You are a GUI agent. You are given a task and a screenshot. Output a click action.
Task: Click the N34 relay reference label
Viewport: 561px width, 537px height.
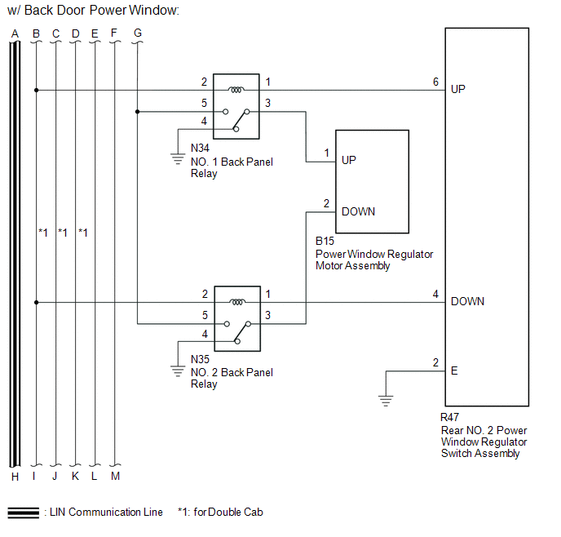200,148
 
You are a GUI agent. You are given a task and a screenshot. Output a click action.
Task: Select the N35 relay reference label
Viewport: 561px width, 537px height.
200,359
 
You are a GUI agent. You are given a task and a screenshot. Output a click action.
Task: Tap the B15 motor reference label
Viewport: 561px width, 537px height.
325,241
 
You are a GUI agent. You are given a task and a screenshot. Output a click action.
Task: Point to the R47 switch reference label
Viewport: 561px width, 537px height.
450,417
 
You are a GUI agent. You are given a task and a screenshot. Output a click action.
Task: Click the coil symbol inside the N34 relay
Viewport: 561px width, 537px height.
236,90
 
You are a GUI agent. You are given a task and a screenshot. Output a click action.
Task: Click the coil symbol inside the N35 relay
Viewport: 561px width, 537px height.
237,302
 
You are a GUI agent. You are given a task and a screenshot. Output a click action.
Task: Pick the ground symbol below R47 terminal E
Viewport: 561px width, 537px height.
386,401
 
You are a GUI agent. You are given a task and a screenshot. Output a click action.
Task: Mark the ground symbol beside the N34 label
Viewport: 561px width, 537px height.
178,158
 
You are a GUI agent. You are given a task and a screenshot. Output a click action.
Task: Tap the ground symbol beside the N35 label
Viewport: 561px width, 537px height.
178,371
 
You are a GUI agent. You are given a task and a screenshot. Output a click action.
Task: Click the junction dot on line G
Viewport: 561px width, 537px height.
137,112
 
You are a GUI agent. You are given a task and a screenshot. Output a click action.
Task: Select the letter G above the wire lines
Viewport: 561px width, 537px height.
138,33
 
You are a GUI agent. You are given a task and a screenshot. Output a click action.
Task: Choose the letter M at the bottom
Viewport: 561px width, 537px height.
115,476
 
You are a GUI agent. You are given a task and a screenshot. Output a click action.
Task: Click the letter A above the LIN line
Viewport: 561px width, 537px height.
15,33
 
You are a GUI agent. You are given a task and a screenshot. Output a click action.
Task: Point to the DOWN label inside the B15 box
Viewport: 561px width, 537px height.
358,211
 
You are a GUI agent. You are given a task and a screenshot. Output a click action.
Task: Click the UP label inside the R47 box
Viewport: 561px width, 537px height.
458,89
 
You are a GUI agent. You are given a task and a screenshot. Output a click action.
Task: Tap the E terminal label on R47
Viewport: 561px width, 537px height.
454,371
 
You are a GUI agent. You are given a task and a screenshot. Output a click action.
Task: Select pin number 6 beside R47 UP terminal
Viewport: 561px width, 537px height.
435,82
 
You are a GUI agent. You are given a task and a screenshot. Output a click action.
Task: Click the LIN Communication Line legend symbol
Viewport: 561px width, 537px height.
24,513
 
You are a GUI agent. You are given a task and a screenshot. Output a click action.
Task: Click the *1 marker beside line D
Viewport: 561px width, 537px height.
83,233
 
